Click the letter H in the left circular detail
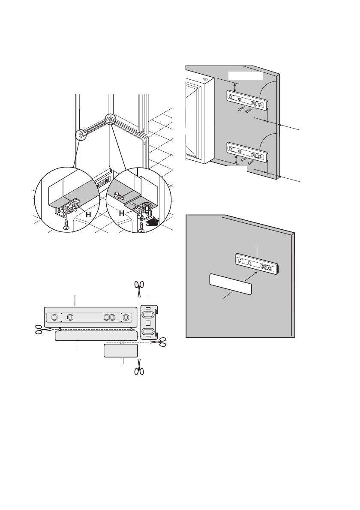(88, 214)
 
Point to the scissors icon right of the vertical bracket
(162, 342)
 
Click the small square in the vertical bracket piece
(147, 323)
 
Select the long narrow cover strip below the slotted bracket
(96, 336)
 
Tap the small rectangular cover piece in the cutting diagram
(121, 351)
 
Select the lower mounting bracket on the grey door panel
(247, 152)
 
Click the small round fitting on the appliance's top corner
(206, 79)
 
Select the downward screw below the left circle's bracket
(66, 225)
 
